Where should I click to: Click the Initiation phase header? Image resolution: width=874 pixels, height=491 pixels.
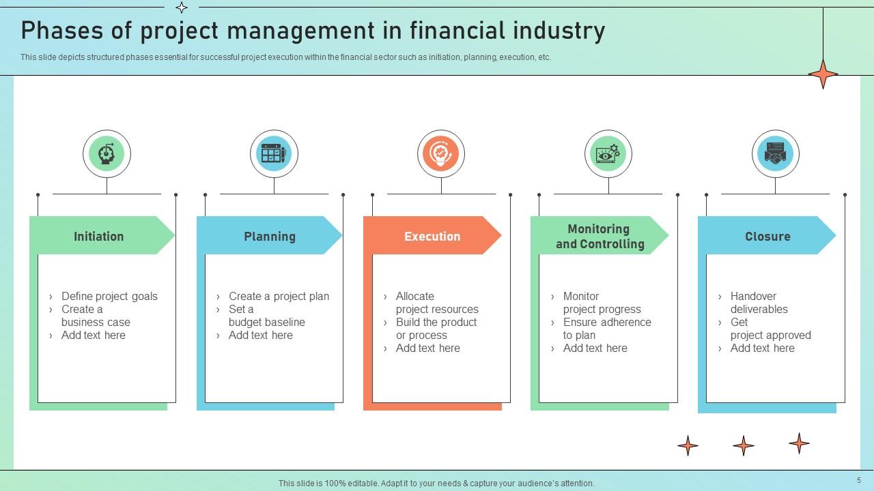tap(99, 236)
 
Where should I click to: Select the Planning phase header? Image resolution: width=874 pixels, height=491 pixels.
tap(270, 236)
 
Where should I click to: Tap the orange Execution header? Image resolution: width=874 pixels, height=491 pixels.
tap(432, 236)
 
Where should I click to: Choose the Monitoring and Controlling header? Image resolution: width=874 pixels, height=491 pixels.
tap(600, 236)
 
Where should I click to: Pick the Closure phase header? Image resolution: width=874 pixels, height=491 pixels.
tap(767, 236)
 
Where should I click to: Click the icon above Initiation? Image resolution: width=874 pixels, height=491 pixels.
tap(107, 153)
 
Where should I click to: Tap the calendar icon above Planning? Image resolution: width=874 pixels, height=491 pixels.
tap(274, 153)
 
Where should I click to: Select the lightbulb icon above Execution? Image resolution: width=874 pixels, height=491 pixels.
tap(441, 153)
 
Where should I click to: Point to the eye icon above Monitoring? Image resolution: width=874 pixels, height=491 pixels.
tap(608, 153)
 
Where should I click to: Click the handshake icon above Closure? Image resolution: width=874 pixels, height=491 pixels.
tap(775, 153)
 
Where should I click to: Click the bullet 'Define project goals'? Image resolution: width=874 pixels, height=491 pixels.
tap(109, 296)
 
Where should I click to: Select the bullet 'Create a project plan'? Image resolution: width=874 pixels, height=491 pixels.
tap(279, 296)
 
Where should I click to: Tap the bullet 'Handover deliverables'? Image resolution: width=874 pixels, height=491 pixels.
tap(758, 302)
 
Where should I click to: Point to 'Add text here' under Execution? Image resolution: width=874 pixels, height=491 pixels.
tap(428, 348)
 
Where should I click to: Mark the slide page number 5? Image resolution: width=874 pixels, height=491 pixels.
tap(859, 480)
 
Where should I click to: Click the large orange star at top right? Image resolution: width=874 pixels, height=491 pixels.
tap(823, 74)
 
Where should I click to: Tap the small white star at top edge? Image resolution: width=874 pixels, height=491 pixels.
tap(182, 8)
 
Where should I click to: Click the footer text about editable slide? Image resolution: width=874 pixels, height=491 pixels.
tap(436, 483)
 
